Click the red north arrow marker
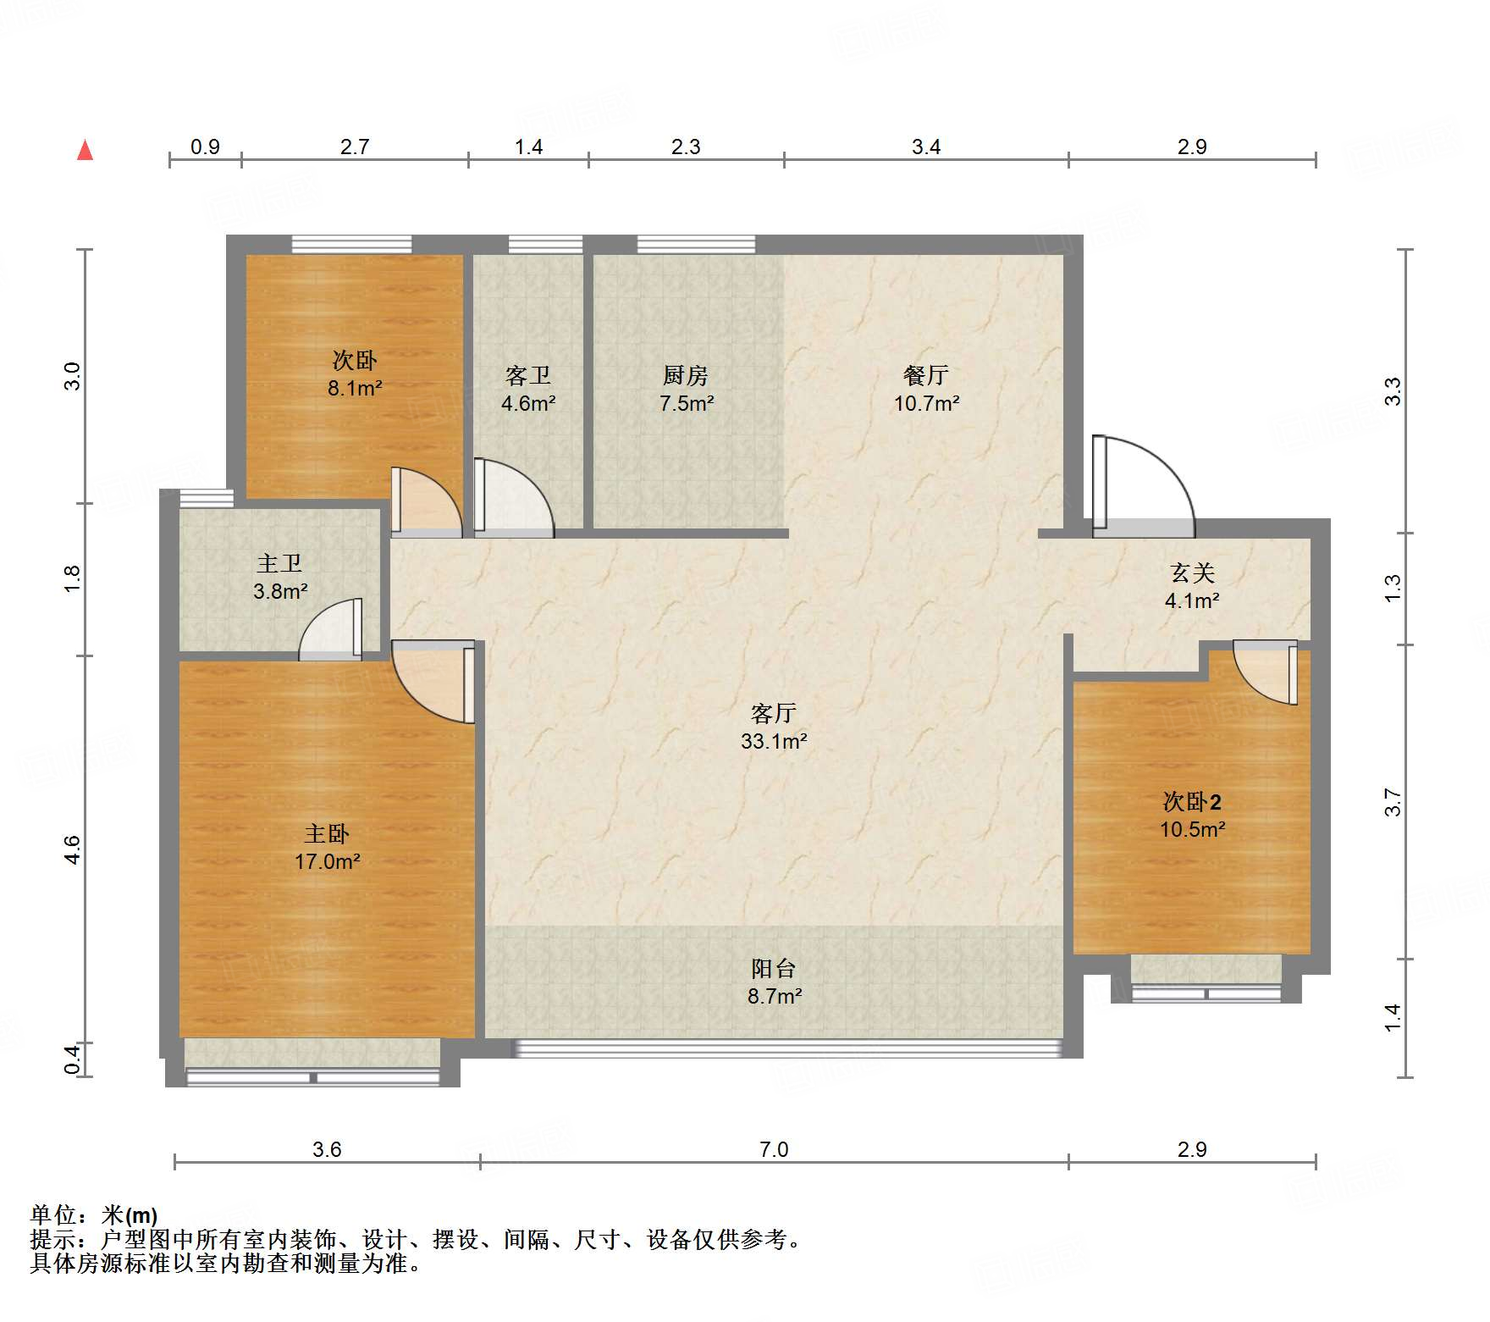click(86, 151)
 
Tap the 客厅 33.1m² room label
click(773, 727)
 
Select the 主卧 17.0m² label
click(327, 847)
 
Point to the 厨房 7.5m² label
click(686, 389)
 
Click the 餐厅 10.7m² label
click(926, 389)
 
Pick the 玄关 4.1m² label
click(1192, 586)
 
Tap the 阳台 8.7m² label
click(774, 982)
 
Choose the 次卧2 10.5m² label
click(1192, 815)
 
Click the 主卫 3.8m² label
click(279, 577)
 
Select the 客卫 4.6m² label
click(527, 389)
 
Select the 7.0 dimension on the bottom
click(773, 1149)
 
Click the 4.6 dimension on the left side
click(73, 849)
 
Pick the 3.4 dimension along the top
click(925, 147)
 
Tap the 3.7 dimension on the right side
click(1393, 802)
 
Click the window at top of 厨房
click(696, 245)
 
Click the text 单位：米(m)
click(94, 1215)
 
